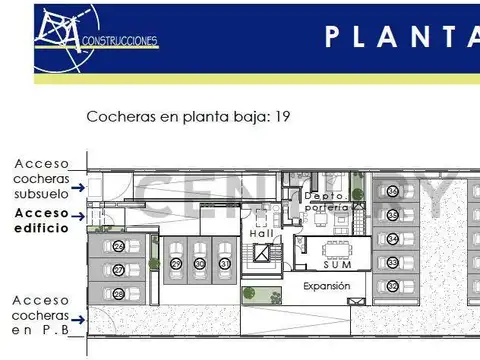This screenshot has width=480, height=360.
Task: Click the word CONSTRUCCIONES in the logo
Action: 121,42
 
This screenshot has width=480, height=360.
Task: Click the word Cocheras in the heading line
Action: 121,117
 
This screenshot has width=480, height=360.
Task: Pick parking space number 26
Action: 118,246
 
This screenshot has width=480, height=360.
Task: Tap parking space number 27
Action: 118,270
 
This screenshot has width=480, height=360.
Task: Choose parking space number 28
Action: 118,294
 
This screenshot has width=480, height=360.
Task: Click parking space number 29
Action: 176,264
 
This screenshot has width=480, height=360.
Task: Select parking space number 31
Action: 224,264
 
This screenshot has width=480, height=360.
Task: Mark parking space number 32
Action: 393,287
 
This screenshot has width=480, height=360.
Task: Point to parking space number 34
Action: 393,239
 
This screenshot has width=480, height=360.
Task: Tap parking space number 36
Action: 393,191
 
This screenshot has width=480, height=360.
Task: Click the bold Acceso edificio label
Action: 42,220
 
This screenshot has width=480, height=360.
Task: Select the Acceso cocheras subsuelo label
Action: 42,178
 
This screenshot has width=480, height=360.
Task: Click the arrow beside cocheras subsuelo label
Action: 91,184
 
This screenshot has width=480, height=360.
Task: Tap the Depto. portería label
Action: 327,201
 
